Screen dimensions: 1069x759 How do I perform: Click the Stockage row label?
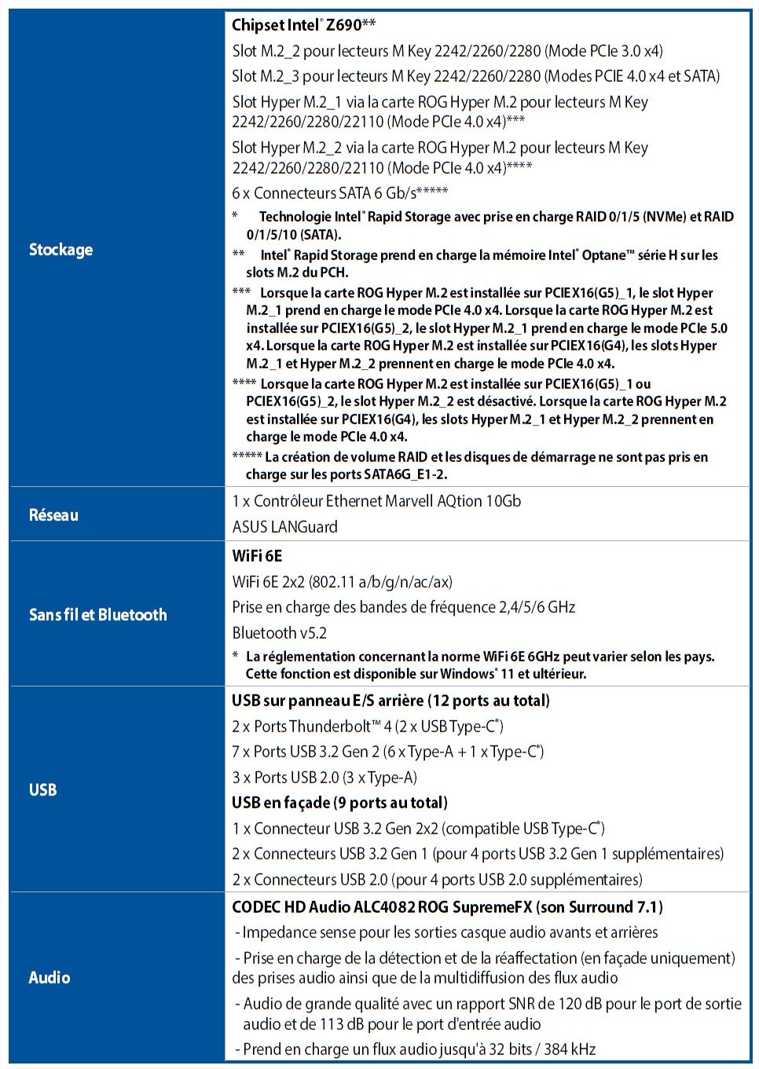point(60,250)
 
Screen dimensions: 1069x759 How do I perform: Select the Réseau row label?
point(53,515)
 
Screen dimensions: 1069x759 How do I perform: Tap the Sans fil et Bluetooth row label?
point(97,615)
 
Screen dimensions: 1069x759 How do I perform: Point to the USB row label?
point(42,789)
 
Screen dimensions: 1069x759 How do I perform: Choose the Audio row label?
point(49,978)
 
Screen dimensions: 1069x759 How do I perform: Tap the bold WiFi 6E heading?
point(257,556)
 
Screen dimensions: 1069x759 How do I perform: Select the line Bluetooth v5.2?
point(279,633)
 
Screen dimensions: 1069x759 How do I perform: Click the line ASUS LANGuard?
point(284,527)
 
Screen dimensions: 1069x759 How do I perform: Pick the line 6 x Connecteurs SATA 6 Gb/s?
point(340,193)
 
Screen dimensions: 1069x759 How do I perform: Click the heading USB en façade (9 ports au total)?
point(339,803)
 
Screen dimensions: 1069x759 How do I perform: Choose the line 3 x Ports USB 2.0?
point(324,778)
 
